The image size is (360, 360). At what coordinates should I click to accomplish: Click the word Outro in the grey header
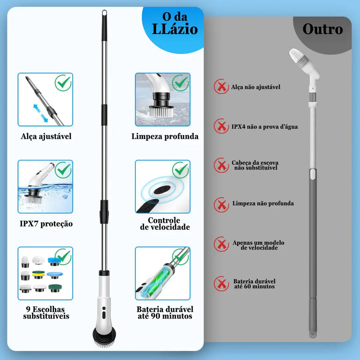(323, 29)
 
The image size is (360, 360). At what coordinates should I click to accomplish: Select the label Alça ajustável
(46, 136)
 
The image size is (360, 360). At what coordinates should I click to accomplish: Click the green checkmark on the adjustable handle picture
(63, 83)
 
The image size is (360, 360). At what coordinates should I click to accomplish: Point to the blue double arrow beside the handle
(41, 113)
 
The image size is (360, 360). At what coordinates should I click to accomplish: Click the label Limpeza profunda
(165, 136)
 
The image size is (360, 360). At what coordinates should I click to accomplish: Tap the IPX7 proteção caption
(46, 224)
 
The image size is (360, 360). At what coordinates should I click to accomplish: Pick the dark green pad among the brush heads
(55, 288)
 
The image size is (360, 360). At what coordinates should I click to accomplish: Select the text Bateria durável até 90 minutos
(165, 312)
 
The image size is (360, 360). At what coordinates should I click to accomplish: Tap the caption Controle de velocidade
(165, 224)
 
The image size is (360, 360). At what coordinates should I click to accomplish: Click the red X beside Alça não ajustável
(222, 87)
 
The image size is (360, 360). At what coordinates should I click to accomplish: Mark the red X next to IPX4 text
(222, 126)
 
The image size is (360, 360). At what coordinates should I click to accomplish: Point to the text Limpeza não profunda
(263, 203)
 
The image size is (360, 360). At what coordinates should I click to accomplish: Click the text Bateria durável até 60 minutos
(254, 284)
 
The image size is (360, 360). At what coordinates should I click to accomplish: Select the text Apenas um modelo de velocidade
(258, 245)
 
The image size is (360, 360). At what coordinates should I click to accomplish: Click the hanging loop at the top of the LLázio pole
(104, 12)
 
